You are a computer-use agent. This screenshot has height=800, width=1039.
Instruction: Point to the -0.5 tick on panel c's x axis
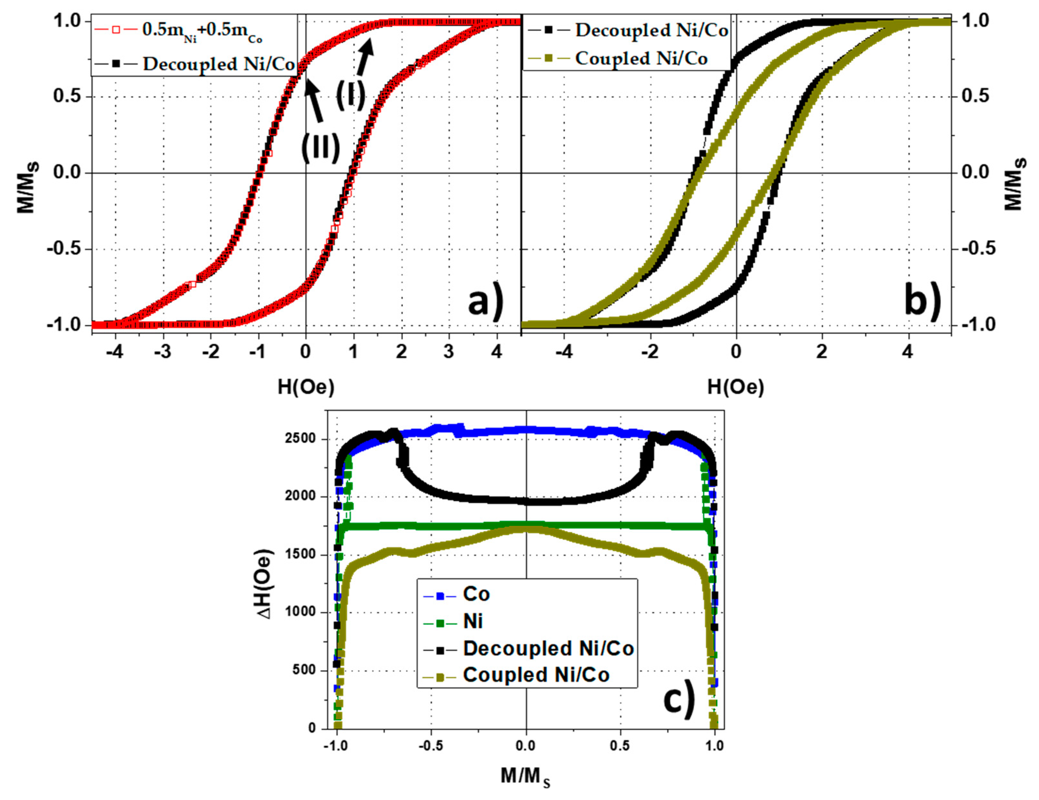431,746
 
